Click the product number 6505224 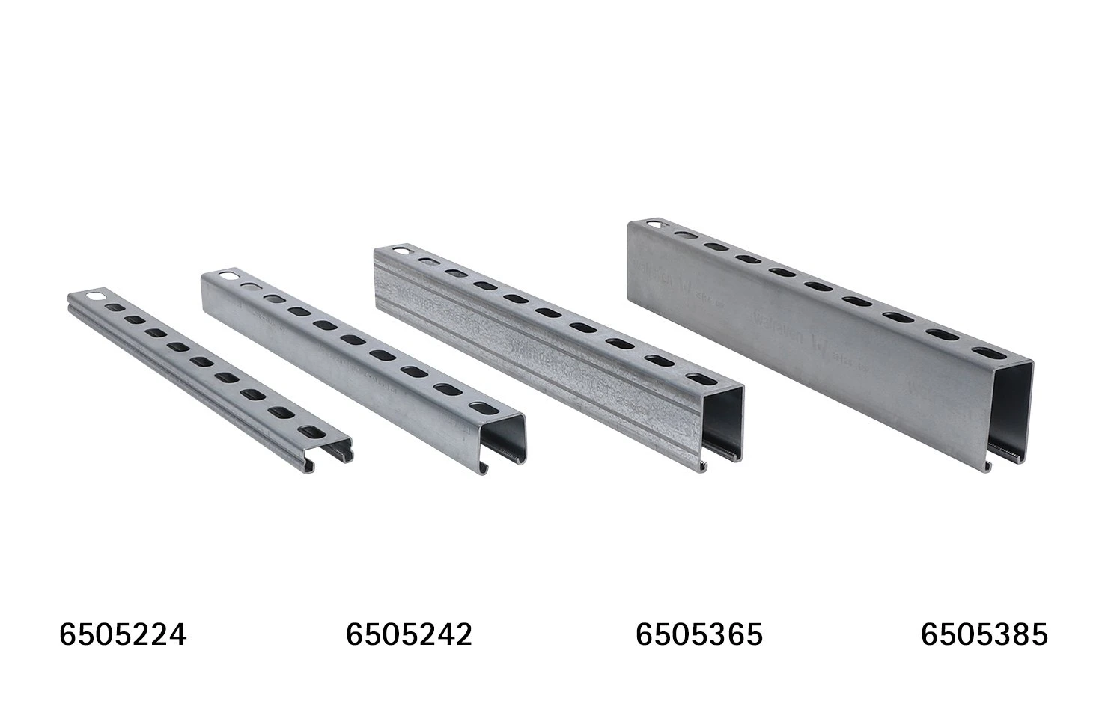(x=123, y=635)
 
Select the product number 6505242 (x=409, y=635)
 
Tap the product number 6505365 (x=698, y=635)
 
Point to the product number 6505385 (x=984, y=635)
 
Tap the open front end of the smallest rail (x=329, y=452)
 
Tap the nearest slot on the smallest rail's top (x=310, y=431)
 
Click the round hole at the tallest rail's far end (x=655, y=224)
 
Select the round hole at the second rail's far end (x=229, y=276)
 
